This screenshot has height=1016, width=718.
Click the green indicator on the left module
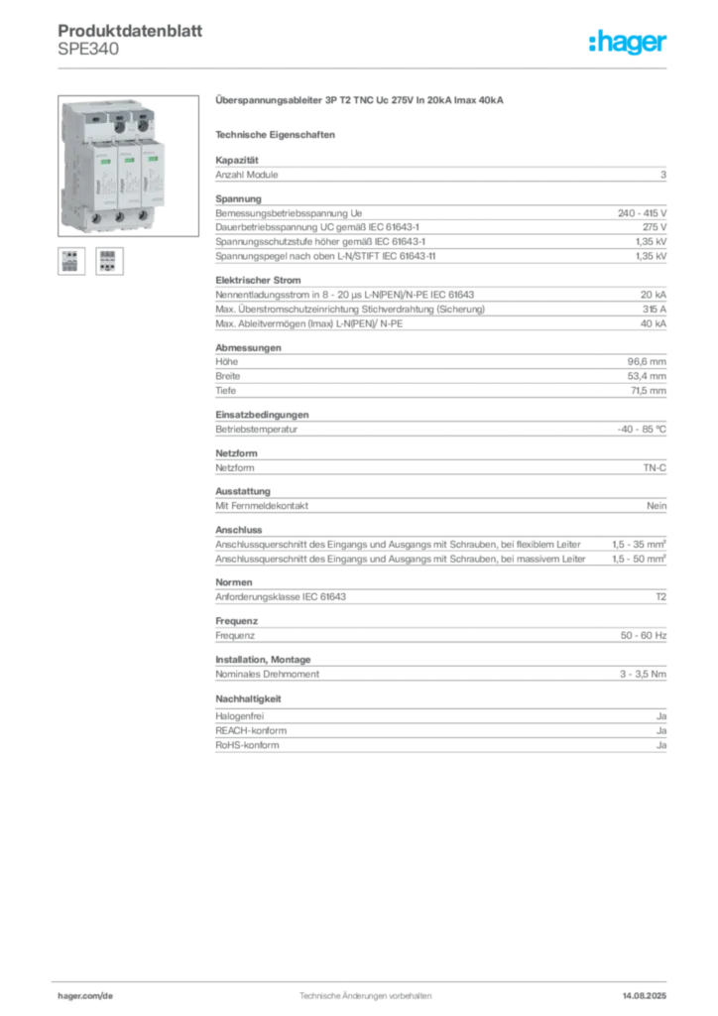(103, 158)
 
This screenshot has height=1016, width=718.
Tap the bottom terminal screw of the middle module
(119, 218)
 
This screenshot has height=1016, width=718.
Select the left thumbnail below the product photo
(69, 261)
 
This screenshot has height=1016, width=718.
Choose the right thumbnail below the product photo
(109, 261)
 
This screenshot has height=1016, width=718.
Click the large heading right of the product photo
(361, 101)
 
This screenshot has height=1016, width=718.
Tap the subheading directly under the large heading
(279, 133)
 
